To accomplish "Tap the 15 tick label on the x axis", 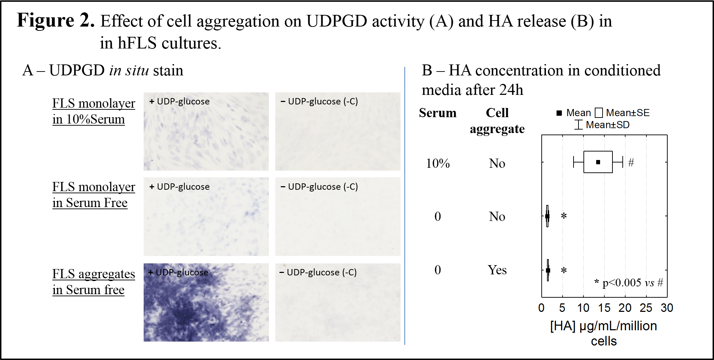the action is [604, 308].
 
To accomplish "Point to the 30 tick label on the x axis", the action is [667, 308].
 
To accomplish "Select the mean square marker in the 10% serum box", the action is [598, 162].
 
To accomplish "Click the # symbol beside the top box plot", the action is [631, 162].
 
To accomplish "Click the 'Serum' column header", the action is [438, 113].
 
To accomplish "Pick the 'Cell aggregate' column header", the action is [497, 121].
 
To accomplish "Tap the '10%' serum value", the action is [438, 163].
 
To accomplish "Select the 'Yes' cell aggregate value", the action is [497, 270].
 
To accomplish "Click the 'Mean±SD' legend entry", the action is [602, 125].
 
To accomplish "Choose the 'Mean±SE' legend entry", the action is [623, 113].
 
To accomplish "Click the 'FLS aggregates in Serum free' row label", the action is [94, 282].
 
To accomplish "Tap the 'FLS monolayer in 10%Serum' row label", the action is [94, 111].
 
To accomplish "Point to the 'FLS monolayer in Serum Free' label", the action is [94, 195].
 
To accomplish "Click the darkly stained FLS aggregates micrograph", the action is [206, 302].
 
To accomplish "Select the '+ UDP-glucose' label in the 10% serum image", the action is [179, 102].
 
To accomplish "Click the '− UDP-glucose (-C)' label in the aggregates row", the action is [318, 272].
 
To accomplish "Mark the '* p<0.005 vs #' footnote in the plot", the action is [629, 282].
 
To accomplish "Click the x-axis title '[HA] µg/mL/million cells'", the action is [604, 333].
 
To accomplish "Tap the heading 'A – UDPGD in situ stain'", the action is [103, 70].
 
